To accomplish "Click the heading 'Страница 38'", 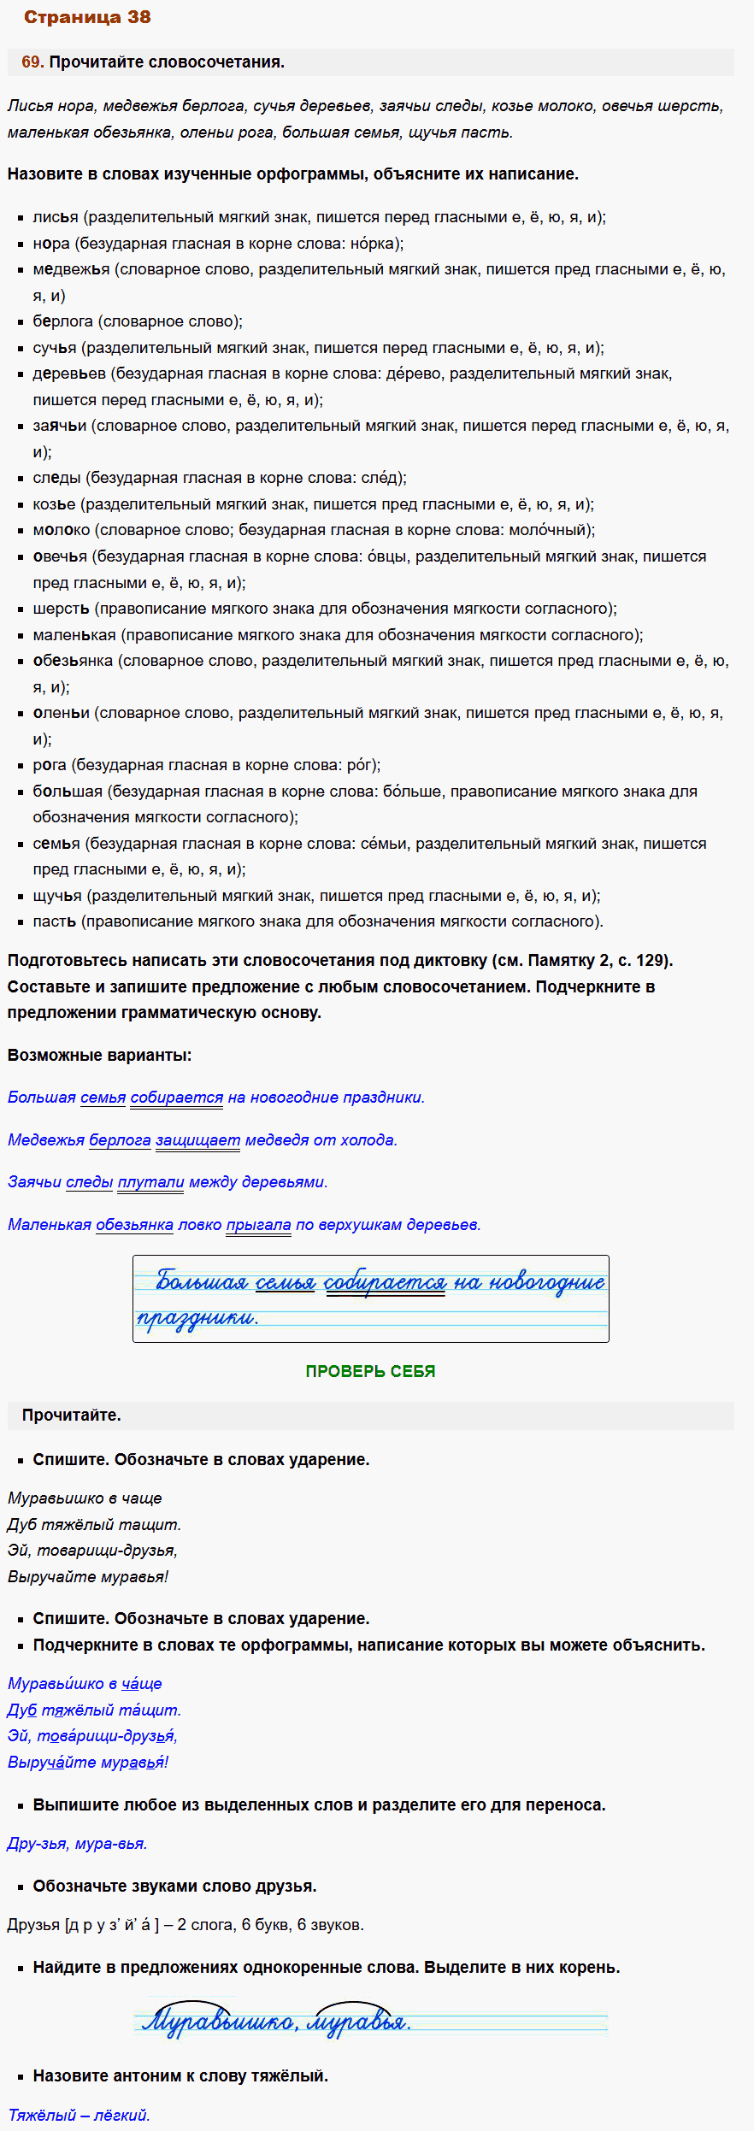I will point(87,17).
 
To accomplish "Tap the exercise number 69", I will point(32,62).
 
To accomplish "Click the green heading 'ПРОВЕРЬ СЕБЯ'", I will point(370,1371).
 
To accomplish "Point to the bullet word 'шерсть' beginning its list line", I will point(61,609).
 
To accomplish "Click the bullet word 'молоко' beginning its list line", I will point(61,530).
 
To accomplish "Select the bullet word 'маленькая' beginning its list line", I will point(74,635).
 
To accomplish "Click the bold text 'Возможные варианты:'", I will point(99,1055).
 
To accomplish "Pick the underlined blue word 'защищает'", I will point(197,1139).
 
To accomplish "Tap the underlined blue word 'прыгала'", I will point(258,1225).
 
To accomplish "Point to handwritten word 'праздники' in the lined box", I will point(197,1318).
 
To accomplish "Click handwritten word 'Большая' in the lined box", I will point(201,1282).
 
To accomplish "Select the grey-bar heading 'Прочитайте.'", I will point(71,1415).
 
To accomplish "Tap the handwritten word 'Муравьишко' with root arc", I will point(219,2022).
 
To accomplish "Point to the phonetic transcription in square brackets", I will point(112,1925).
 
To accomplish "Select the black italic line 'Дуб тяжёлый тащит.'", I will point(94,1524).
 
